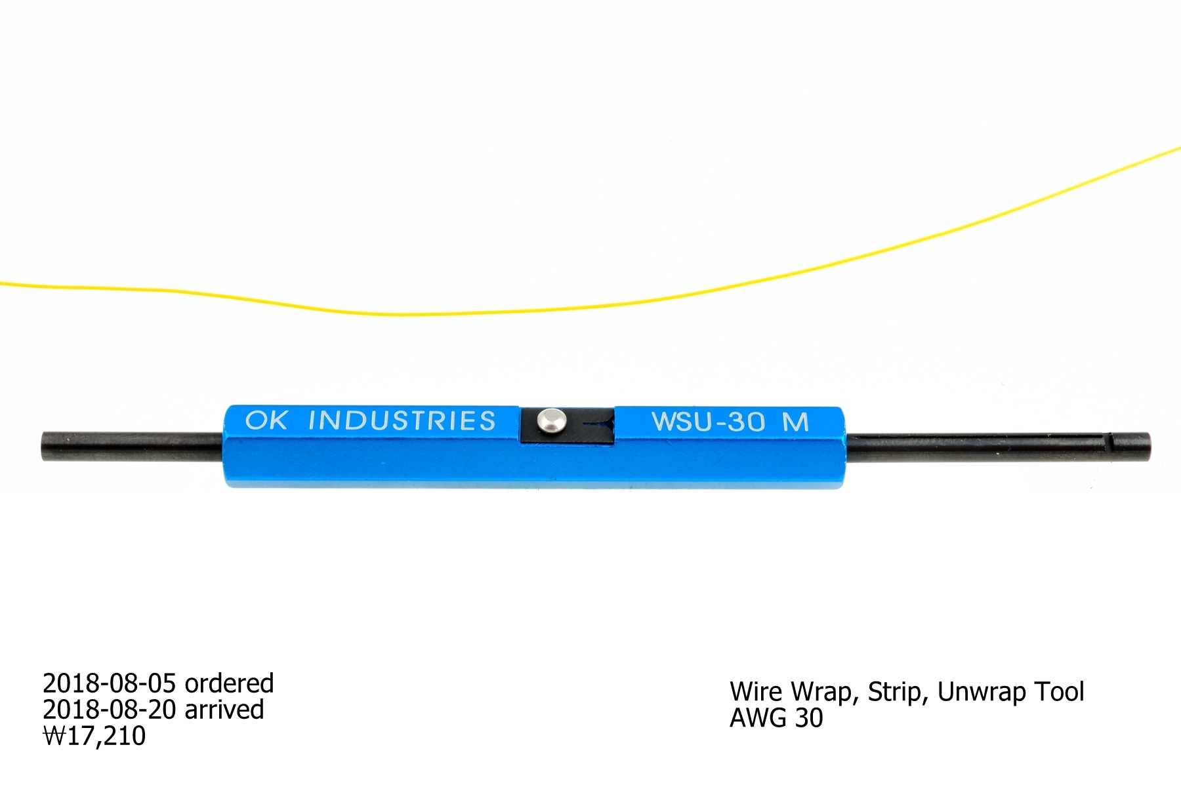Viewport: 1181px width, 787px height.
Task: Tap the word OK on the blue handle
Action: pyautogui.click(x=266, y=420)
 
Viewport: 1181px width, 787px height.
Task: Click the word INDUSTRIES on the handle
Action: pyautogui.click(x=402, y=420)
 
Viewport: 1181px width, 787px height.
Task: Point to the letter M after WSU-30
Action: pyautogui.click(x=795, y=422)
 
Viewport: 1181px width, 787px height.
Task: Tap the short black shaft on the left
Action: pyautogui.click(x=131, y=446)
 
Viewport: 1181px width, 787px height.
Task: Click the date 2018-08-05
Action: pyautogui.click(x=110, y=683)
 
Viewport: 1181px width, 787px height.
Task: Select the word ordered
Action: pyautogui.click(x=229, y=683)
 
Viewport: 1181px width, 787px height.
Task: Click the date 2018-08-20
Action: pyautogui.click(x=110, y=710)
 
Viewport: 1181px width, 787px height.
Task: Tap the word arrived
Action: pyautogui.click(x=224, y=710)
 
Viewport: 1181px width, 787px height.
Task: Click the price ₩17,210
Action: pyautogui.click(x=94, y=736)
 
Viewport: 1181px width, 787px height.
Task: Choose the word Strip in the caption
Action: pyautogui.click(x=896, y=692)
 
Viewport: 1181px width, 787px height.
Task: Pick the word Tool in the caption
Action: pyautogui.click(x=1059, y=692)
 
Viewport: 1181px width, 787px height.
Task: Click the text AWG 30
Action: pyautogui.click(x=776, y=718)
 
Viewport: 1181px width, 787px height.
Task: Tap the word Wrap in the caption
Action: pyautogui.click(x=822, y=693)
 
